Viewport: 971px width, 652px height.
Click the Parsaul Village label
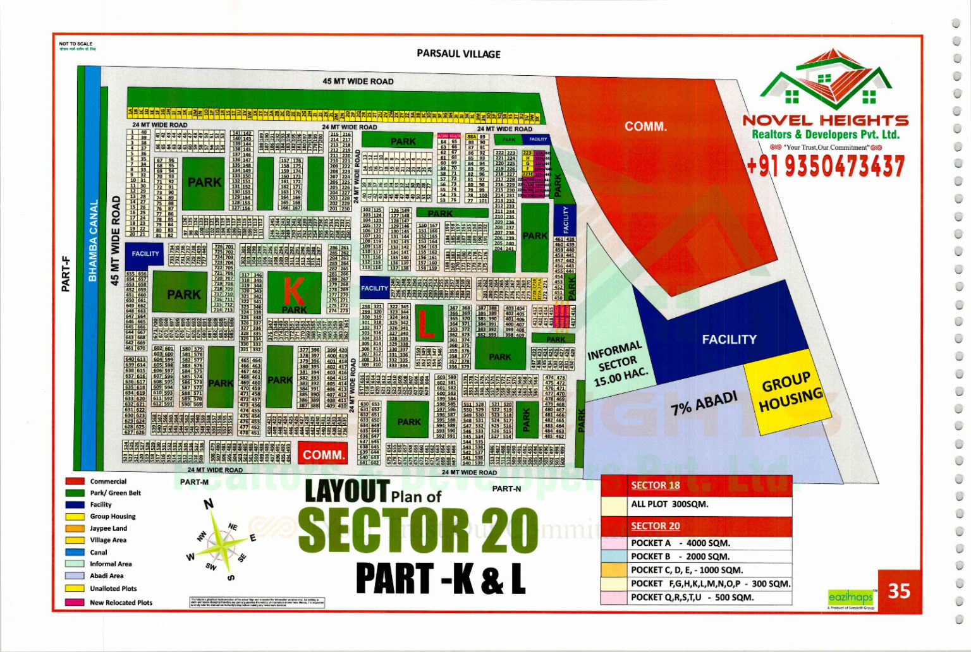tap(458, 54)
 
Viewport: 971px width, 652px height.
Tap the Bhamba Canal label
tap(93, 241)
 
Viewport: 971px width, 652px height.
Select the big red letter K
tap(293, 291)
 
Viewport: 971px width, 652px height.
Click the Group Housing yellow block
tap(785, 392)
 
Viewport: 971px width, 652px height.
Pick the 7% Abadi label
tap(704, 402)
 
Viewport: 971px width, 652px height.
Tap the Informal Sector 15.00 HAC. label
tap(617, 365)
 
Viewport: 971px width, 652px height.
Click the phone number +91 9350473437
tap(825, 166)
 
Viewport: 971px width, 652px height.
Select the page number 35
tap(899, 591)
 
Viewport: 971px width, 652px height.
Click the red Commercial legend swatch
tap(75, 481)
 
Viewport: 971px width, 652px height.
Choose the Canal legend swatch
tap(75, 552)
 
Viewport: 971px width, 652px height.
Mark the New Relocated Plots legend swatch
tap(75, 603)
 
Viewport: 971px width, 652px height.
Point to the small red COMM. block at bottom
tap(323, 454)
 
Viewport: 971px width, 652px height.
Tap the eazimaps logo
tap(850, 597)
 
